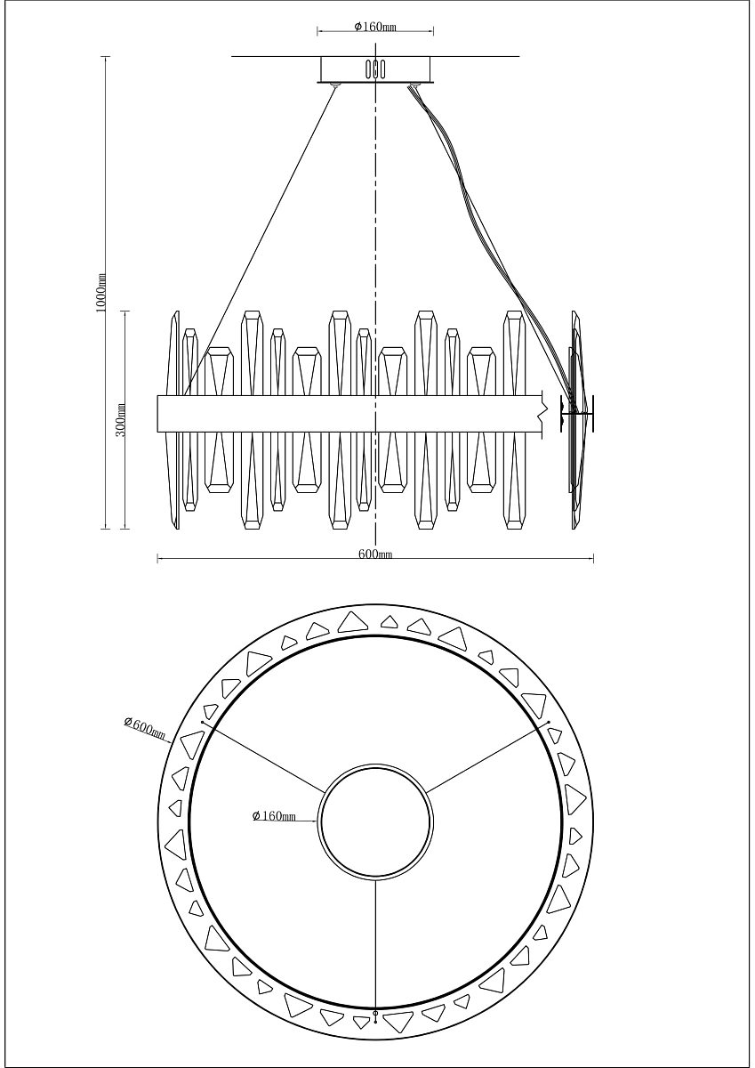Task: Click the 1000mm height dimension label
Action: click(x=101, y=293)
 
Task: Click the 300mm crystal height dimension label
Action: click(x=121, y=419)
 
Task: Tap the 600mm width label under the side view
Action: click(x=375, y=554)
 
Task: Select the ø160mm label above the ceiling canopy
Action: click(x=375, y=27)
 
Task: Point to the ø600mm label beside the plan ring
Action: click(x=144, y=728)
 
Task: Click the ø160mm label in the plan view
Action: click(x=274, y=816)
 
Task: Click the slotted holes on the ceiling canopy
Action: click(x=375, y=69)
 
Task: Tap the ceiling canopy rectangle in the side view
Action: click(x=375, y=69)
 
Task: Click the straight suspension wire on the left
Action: click(x=260, y=241)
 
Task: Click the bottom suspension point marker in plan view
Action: click(x=375, y=1012)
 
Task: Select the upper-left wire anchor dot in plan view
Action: click(x=203, y=723)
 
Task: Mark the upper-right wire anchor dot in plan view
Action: click(x=549, y=722)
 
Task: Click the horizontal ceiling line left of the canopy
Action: click(x=276, y=56)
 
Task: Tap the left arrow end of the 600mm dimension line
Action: click(x=157, y=558)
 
